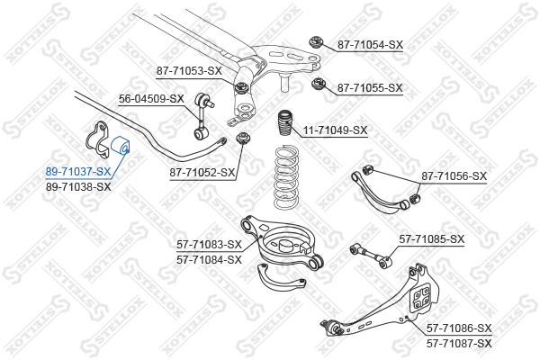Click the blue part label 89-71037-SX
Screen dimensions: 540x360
pos(78,171)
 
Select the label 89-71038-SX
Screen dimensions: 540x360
pos(78,186)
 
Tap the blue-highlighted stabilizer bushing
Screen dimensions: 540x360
pos(120,146)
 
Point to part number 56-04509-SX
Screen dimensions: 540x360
pos(151,99)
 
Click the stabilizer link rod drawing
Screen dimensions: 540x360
pos(202,116)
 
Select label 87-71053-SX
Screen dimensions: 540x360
pos(189,71)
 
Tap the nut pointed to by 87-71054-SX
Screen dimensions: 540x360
pos(316,42)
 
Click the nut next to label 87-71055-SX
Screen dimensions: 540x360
pos(319,85)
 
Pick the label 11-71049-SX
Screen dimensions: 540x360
pos(335,130)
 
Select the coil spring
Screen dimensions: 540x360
pos(286,177)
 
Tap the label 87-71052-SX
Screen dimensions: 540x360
pos(202,172)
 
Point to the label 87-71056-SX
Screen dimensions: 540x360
pos(454,176)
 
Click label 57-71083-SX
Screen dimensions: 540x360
pos(210,244)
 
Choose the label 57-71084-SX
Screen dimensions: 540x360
pos(210,259)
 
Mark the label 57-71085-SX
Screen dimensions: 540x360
pos(432,238)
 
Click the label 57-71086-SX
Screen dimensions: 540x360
pos(459,328)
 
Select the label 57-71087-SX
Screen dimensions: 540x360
pos(459,343)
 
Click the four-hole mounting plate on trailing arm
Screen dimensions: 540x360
pos(422,297)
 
